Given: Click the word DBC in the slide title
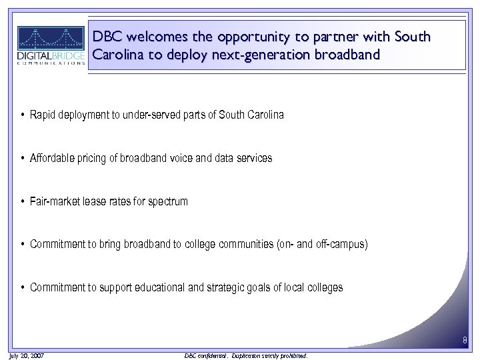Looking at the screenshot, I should point(107,37).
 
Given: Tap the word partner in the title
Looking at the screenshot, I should point(335,37).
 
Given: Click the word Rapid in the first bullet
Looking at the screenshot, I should point(43,115).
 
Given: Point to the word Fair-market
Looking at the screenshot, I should point(55,201).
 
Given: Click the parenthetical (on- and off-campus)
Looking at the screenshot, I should point(322,244).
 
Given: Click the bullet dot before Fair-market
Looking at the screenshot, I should point(23,201).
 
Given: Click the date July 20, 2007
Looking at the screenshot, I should point(27,356).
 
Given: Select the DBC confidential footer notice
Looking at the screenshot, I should point(245,356).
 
